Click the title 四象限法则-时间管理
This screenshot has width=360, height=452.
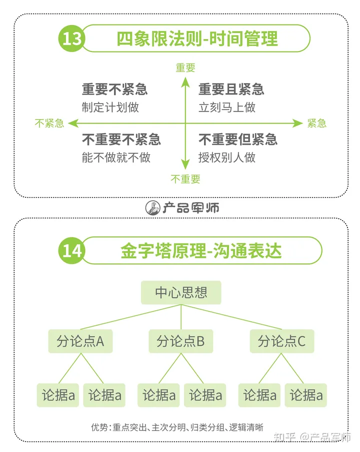point(197,39)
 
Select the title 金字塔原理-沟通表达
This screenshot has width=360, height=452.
point(201,250)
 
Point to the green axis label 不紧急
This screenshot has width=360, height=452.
point(49,123)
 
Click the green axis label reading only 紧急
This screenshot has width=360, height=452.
point(317,123)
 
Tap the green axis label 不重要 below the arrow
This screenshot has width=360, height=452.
point(185,179)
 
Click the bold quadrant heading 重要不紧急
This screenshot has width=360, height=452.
point(115,90)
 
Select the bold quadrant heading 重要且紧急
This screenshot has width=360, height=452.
point(231,90)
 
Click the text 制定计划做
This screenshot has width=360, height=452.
point(110,107)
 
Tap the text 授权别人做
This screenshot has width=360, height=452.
point(227,157)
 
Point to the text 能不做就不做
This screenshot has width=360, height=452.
point(116,157)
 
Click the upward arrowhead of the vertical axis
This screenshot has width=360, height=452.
point(185,82)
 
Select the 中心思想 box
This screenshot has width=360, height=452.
point(181,292)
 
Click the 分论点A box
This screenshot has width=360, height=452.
point(80,341)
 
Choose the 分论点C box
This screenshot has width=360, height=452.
point(281,341)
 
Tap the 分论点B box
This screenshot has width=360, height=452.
point(180,341)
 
